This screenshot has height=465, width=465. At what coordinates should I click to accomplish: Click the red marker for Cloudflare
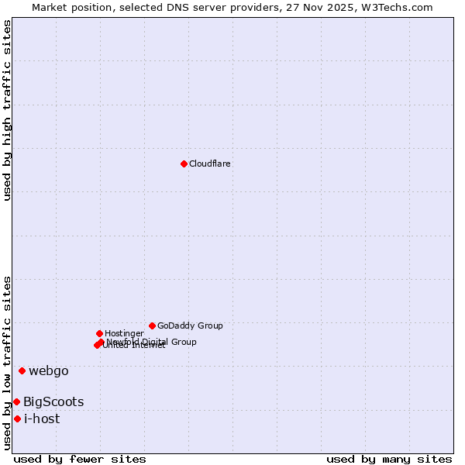(184, 164)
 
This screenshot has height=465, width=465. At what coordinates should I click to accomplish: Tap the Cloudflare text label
(210, 164)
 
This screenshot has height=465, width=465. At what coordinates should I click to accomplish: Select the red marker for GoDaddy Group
(152, 325)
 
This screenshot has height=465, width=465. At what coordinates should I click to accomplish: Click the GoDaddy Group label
(190, 325)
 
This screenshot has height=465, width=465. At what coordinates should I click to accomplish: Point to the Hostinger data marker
(100, 333)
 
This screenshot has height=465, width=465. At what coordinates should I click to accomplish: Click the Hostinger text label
(124, 333)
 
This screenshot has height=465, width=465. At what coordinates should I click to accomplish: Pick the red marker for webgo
(22, 370)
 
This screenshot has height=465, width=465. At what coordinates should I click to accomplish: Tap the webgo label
(49, 370)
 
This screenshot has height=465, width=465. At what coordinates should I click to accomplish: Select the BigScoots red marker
(16, 401)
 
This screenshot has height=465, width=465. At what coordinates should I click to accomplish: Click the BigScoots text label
(53, 401)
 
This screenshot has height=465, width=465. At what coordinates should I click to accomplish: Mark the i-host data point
(17, 418)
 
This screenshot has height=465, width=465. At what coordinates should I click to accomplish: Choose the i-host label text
(42, 418)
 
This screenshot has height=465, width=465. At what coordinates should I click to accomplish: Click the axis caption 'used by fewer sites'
(80, 459)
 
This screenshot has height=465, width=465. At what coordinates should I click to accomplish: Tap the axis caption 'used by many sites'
(389, 459)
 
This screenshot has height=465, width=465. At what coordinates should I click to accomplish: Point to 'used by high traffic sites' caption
(8, 110)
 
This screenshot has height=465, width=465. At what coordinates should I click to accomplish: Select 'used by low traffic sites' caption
(8, 362)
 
